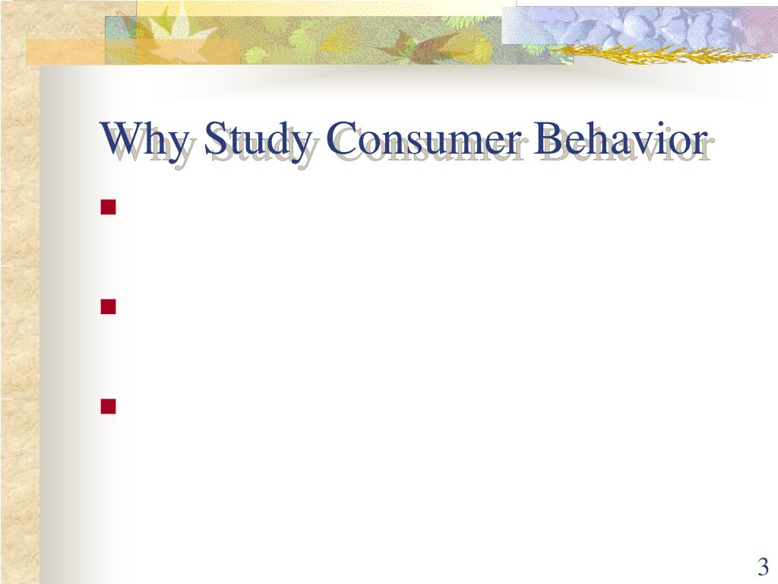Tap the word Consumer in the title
coord(425,138)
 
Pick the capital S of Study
coord(214,138)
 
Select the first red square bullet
coord(108,207)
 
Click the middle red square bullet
coord(108,306)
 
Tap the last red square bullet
coord(108,406)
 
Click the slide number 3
coord(763,567)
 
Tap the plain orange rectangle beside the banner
coord(65,52)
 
